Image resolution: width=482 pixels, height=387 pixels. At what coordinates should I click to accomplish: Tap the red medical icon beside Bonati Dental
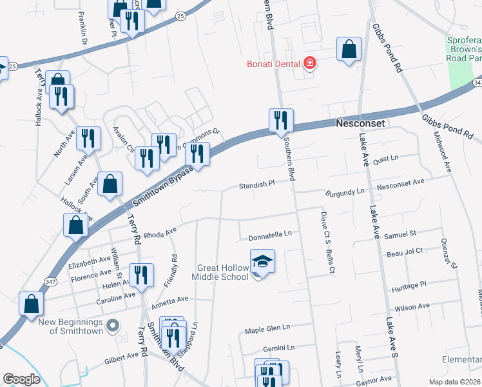310,63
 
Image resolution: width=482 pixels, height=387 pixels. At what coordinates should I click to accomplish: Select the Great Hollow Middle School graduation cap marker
262,261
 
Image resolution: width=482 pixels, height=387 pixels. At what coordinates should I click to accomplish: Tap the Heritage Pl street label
409,284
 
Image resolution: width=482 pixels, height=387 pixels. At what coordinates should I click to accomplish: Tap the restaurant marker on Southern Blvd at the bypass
281,120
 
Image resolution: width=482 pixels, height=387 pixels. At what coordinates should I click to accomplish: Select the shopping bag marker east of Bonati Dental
349,49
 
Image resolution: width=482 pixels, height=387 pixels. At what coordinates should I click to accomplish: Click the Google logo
21,379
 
